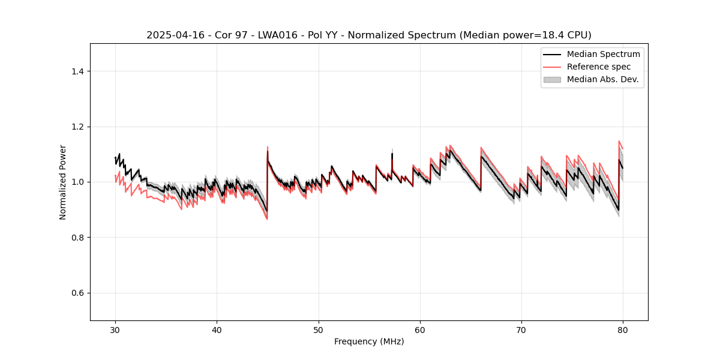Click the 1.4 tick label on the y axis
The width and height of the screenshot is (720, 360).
[x=77, y=71]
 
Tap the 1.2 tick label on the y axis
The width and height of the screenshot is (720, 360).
[x=77, y=127]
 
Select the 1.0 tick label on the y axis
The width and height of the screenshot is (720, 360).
[x=77, y=182]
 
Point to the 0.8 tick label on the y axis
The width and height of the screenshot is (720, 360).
[x=77, y=238]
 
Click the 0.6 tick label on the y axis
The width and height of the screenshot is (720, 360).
[x=77, y=293]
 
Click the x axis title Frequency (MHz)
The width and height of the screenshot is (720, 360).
[x=369, y=341]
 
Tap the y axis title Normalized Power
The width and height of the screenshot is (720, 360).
[x=63, y=182]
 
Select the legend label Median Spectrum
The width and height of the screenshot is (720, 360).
[x=603, y=54]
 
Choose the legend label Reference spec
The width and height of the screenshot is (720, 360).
[x=599, y=67]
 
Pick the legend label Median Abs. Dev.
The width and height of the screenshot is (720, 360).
[x=602, y=79]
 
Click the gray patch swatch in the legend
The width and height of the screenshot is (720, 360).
[x=552, y=79]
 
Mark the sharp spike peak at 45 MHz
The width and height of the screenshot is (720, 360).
[x=268, y=147]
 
